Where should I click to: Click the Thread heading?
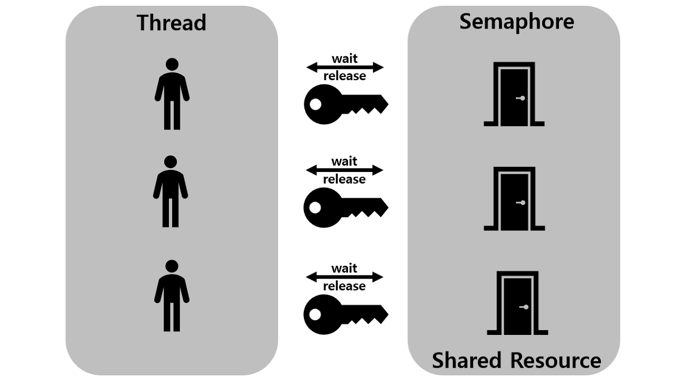click(171, 23)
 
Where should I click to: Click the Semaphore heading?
click(516, 22)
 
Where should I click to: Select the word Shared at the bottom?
click(467, 360)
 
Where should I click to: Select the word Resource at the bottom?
click(556, 360)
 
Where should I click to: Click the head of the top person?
click(172, 64)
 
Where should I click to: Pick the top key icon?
click(345, 104)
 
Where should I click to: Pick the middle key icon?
click(345, 207)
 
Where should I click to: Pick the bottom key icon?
click(345, 314)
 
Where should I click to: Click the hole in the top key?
click(316, 105)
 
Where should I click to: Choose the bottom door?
click(517, 304)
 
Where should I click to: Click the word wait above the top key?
click(344, 58)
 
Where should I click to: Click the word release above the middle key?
click(344, 179)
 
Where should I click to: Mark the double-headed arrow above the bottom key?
click(344, 277)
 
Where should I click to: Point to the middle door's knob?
click(523, 203)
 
